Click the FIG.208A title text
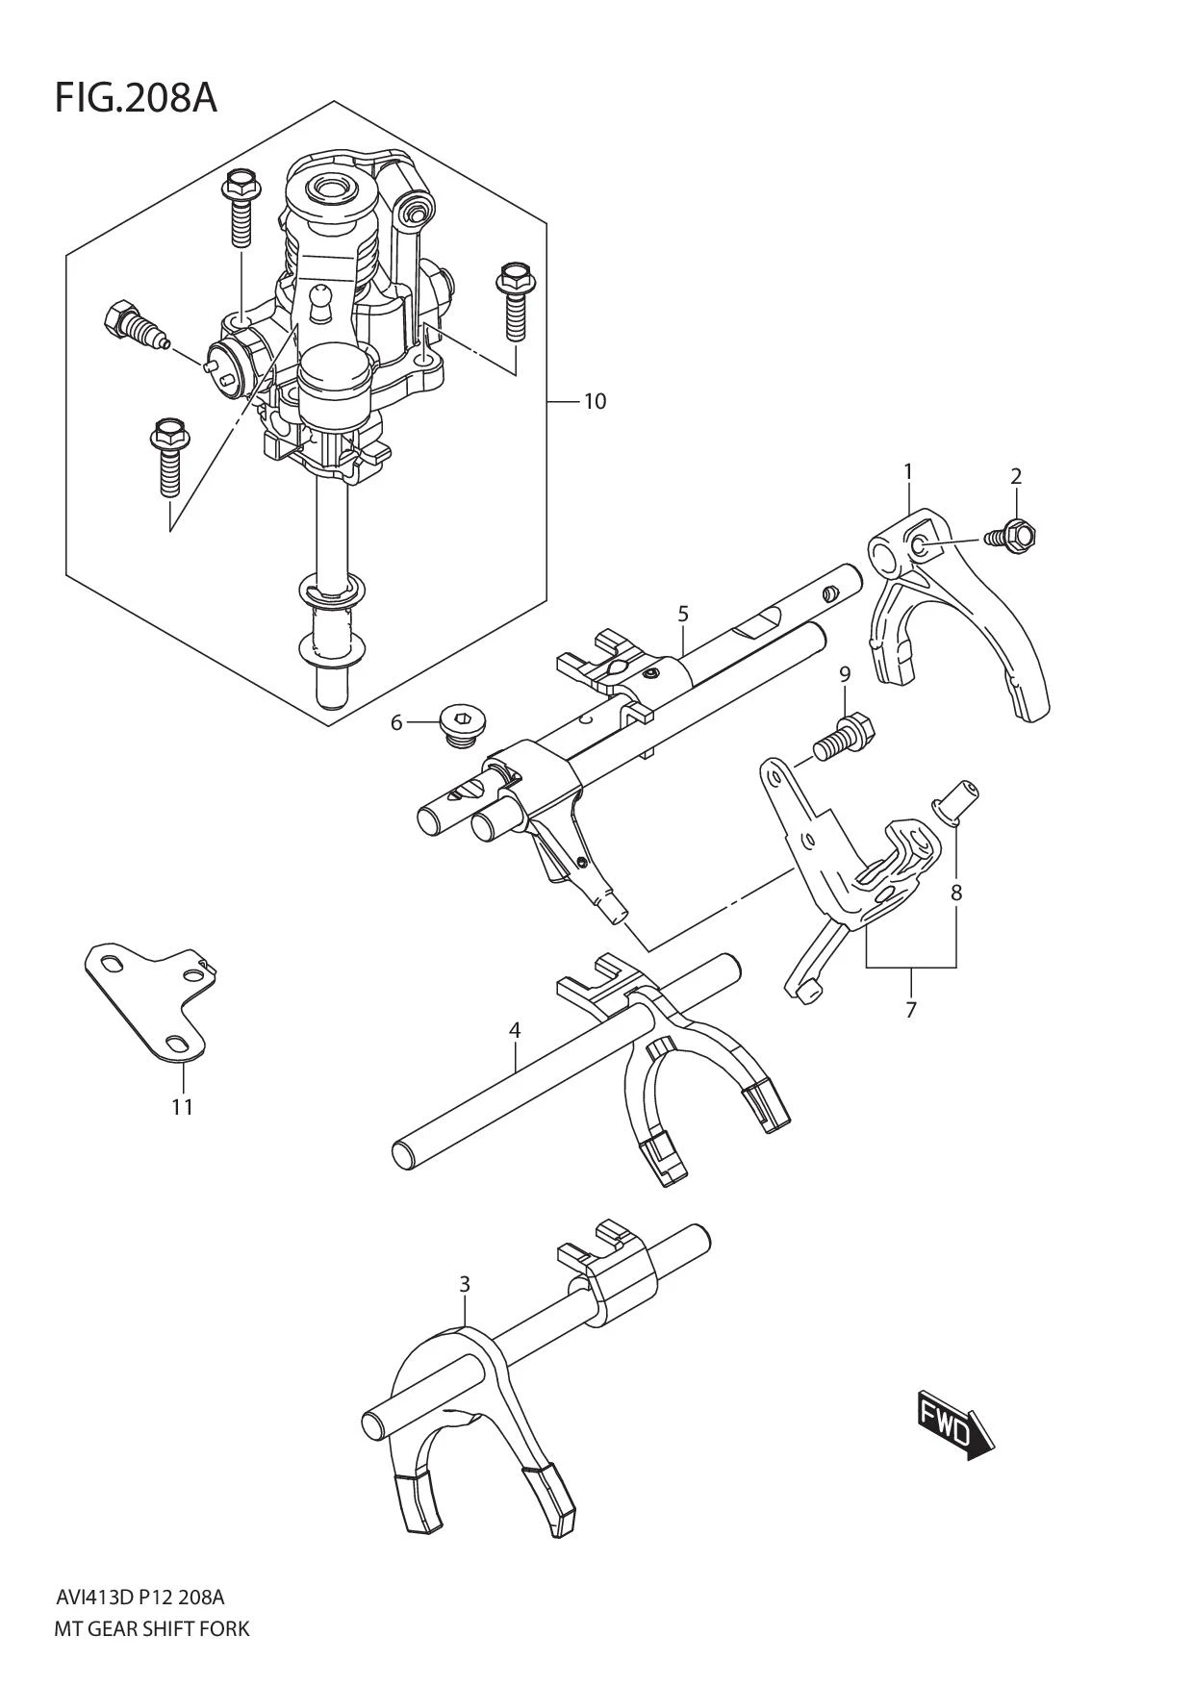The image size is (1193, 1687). (x=136, y=98)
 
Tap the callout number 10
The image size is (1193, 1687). (x=595, y=401)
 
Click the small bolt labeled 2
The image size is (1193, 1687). (x=1014, y=534)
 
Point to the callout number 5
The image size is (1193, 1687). (x=683, y=613)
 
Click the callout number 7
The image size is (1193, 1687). (x=910, y=1010)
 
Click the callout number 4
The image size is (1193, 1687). (x=515, y=1030)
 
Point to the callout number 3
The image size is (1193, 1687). (x=465, y=1284)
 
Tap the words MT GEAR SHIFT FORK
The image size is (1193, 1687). (x=153, y=1628)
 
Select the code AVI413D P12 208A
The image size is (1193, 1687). (x=140, y=1598)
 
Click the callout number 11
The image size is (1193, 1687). (x=182, y=1107)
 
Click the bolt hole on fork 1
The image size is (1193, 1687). (x=921, y=548)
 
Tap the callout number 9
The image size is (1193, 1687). (x=845, y=674)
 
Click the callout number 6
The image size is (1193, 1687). (x=396, y=721)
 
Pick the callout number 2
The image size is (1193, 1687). (x=1016, y=476)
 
